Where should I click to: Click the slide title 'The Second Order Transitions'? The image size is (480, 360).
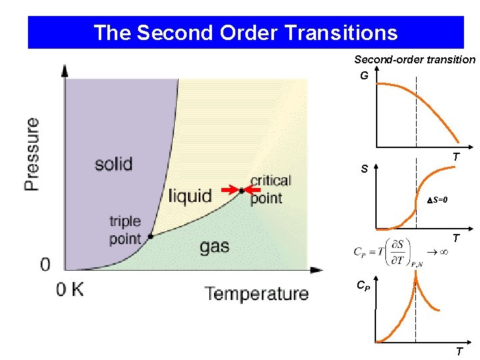click(x=245, y=33)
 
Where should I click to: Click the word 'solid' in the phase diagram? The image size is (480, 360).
click(x=113, y=163)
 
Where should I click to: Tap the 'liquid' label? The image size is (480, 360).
click(x=189, y=196)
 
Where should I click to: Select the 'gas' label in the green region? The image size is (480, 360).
click(x=215, y=247)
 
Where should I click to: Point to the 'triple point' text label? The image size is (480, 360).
click(x=125, y=230)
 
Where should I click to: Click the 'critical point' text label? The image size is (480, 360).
click(x=271, y=189)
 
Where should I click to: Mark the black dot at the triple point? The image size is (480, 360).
click(x=151, y=236)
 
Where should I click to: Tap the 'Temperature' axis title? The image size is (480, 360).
click(x=257, y=293)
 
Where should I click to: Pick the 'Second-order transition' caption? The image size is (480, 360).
click(x=415, y=60)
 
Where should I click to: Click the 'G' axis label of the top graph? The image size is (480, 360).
click(x=364, y=76)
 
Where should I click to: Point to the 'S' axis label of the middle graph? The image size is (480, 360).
click(x=365, y=169)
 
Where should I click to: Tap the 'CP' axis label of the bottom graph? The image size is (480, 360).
click(x=362, y=287)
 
